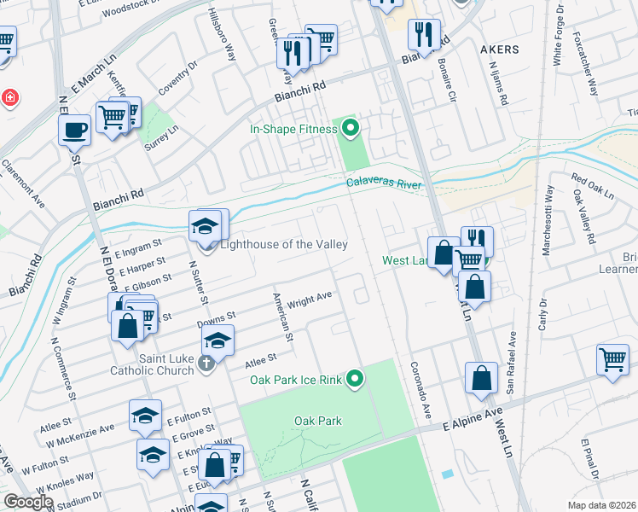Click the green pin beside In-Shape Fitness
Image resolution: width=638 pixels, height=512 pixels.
(350, 130)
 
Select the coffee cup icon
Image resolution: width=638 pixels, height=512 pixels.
(74, 129)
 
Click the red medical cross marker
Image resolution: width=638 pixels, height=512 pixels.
(9, 98)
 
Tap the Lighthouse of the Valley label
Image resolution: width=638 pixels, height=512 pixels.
(284, 245)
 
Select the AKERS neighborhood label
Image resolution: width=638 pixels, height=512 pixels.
(499, 49)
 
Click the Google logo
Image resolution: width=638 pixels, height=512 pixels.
(28, 502)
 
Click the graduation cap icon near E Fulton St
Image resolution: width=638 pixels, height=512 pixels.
(145, 415)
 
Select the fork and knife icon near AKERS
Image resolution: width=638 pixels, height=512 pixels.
(424, 34)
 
